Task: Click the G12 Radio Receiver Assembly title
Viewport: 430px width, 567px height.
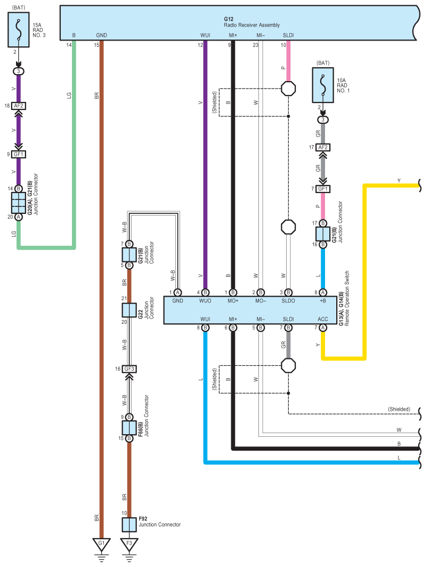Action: click(251, 22)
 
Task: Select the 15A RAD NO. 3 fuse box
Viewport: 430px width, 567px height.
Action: click(19, 30)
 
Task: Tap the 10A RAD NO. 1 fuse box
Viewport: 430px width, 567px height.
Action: click(323, 85)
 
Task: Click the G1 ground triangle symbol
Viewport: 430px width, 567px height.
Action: click(102, 544)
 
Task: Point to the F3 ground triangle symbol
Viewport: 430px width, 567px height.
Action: click(129, 544)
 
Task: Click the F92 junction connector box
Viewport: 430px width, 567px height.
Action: click(129, 525)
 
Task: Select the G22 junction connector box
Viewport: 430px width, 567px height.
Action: click(129, 310)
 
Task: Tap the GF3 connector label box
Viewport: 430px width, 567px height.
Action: click(129, 369)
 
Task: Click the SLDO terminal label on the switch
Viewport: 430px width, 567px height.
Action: click(288, 301)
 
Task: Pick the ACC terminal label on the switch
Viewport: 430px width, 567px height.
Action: click(323, 320)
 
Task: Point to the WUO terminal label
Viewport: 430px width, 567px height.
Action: click(205, 301)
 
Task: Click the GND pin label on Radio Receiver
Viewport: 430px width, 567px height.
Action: click(102, 35)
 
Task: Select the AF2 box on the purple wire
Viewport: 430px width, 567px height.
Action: click(19, 106)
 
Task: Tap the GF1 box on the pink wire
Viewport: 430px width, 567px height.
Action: click(323, 189)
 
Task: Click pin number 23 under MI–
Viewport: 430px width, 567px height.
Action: click(255, 45)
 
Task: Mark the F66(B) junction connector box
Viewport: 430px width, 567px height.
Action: click(129, 428)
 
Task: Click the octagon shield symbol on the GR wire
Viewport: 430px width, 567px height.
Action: click(288, 365)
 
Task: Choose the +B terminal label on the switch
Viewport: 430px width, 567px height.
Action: click(323, 301)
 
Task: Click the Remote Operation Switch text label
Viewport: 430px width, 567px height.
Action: click(347, 299)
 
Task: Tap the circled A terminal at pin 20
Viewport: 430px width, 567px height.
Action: click(19, 217)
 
